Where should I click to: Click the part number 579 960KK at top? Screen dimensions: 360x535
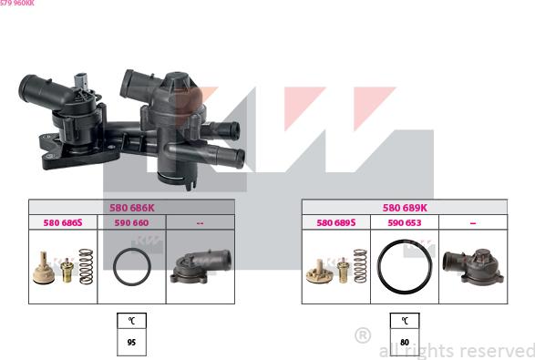coord(17,4)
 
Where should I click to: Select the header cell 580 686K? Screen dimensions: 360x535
coord(131,208)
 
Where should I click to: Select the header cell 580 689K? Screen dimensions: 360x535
coord(404,208)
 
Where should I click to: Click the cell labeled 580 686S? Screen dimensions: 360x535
coord(63,221)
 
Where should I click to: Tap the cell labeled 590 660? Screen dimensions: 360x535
coord(131,221)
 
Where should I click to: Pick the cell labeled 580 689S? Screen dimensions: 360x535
coord(335,221)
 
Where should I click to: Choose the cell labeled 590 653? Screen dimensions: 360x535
coord(404,221)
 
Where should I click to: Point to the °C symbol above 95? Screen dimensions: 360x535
coord(131,321)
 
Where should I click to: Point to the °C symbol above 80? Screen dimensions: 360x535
coord(405,321)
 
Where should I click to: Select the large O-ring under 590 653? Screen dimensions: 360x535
coord(404,267)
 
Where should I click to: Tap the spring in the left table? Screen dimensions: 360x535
coord(87,267)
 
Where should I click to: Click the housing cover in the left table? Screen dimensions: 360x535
coord(200,266)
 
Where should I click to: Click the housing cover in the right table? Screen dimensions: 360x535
coord(472,265)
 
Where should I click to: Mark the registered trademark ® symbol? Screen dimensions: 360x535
coord(362,335)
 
